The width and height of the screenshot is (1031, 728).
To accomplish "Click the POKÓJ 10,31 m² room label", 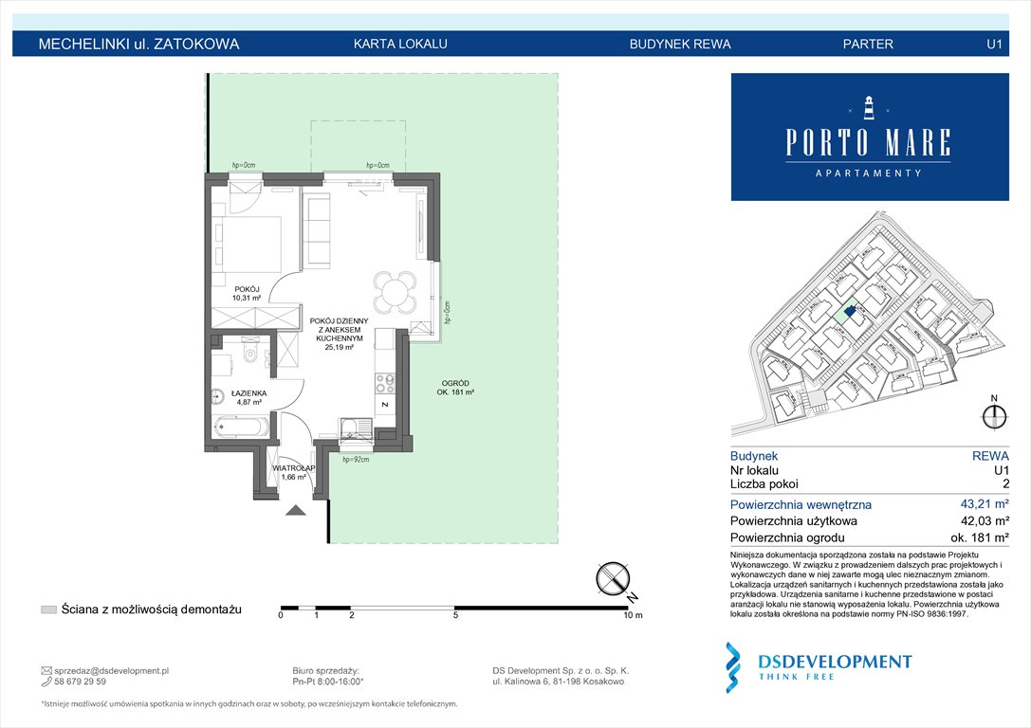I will point(232,292).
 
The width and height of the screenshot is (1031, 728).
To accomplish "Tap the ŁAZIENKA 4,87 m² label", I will point(248,397).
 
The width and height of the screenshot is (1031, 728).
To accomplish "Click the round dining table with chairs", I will point(394,291).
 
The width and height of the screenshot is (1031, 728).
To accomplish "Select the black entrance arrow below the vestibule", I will point(296,511).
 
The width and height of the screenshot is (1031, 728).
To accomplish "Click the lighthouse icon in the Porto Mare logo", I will point(868,107).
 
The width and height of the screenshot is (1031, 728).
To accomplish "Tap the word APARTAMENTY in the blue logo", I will point(868,173).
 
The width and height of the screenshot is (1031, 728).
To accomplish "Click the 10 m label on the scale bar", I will point(632,616).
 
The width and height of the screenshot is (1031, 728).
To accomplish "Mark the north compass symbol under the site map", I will point(994,415).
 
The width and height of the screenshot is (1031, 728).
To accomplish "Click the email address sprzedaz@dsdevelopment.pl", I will point(111,670).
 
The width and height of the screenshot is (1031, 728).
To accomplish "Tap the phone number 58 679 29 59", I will point(81,682).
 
